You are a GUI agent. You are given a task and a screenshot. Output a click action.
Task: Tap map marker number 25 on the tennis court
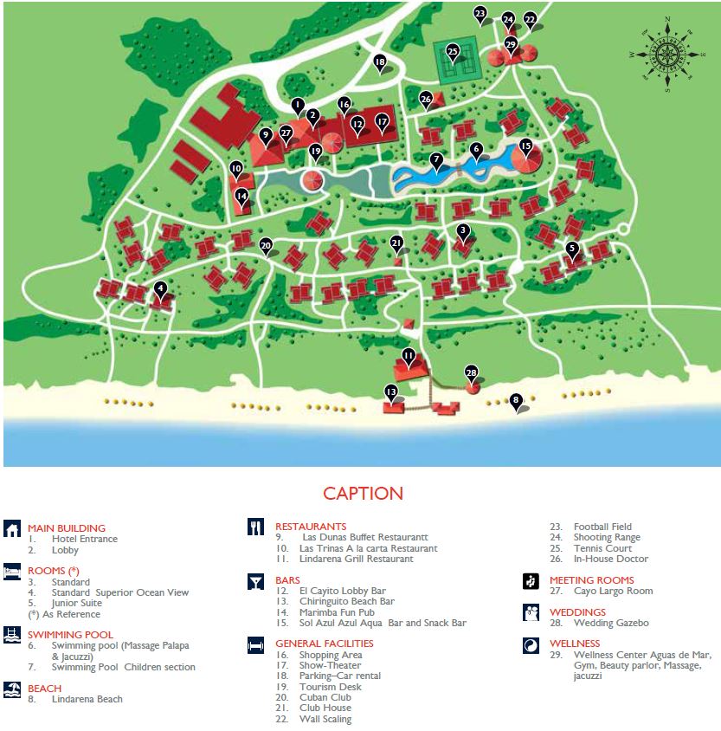[x=453, y=52]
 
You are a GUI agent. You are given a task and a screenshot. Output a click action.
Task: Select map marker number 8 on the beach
[x=516, y=400]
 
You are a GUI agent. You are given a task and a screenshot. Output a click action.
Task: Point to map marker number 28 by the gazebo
[x=472, y=373]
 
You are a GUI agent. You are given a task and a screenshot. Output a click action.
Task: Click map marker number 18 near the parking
[x=379, y=61]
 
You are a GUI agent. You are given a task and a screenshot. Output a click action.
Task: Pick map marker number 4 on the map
[x=159, y=288]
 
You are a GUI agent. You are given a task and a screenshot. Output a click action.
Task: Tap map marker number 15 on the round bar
[x=525, y=146]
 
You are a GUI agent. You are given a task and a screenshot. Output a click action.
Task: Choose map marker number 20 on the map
[x=266, y=245]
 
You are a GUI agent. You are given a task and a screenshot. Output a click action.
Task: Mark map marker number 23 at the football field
[x=481, y=13]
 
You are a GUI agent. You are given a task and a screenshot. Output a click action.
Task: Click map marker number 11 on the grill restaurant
[x=409, y=355]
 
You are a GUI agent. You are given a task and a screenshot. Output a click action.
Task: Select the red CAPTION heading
[x=363, y=494]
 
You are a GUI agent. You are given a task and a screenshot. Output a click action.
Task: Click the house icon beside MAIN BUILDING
[x=12, y=528]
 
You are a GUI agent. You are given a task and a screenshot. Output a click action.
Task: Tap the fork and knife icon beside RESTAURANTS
[x=256, y=527]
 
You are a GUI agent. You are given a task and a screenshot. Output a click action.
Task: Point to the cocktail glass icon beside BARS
[x=256, y=580]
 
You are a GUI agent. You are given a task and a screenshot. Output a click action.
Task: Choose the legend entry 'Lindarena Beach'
[x=87, y=699]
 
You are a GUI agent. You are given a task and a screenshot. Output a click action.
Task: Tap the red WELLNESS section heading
[x=574, y=644]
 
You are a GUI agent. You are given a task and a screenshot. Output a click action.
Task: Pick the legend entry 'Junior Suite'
[x=76, y=603]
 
